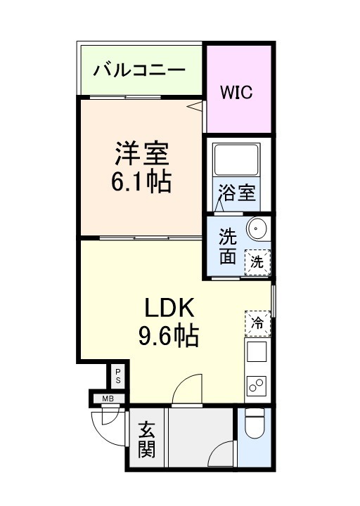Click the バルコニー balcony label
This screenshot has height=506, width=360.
coord(139,70)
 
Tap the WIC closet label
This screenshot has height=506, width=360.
coord(236,92)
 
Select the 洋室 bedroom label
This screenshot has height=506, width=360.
coord(142,154)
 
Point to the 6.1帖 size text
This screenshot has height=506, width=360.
coord(141,182)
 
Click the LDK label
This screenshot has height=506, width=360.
coord(169,308)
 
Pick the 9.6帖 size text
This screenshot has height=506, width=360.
coord(169,336)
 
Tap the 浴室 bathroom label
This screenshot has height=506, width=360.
coord(237,193)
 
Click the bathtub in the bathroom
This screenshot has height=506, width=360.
coord(236,159)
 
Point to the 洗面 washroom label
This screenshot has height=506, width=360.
coord(228,246)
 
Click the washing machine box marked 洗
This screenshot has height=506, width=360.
coord(257,262)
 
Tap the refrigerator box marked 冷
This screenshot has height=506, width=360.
coord(257,323)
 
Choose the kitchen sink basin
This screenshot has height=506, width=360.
coord(257,352)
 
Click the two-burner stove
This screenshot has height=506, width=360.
coord(257,386)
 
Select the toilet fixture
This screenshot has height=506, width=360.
coord(255,423)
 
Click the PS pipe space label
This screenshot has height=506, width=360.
coord(118,375)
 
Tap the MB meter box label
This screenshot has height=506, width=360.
coord(108,399)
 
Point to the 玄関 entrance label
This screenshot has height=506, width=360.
coord(147,440)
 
